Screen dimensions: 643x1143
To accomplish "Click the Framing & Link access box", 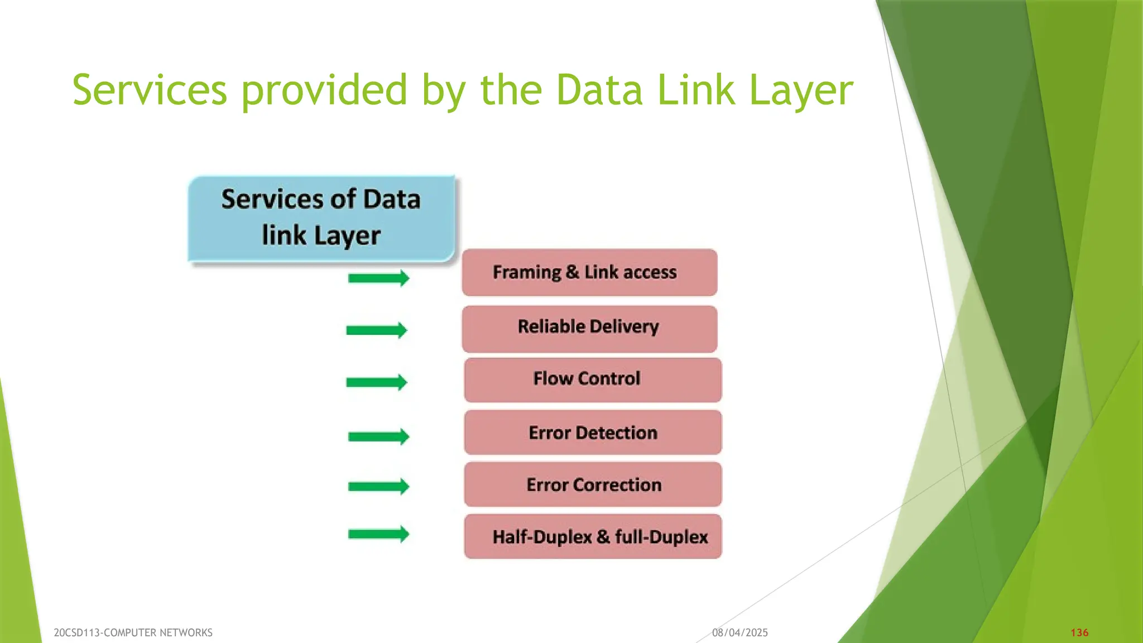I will coord(589,272).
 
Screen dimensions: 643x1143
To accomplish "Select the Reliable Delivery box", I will coord(589,329).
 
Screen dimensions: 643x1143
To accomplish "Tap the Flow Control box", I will coord(592,380).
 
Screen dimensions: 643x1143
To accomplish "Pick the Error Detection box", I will coord(592,433).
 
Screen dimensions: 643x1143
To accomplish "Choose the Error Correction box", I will coord(592,484).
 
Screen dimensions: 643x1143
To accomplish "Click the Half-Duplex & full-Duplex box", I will coord(592,537).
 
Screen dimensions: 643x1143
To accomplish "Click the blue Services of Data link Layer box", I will coord(321,218).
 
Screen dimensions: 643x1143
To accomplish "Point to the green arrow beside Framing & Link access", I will coord(378,278).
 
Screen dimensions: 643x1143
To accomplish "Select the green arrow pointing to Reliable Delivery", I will coord(377,330).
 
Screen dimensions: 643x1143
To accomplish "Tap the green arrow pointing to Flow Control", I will coord(377,382).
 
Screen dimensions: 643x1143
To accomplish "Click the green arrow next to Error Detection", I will coord(378,436).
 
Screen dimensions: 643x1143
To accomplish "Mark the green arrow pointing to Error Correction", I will coord(378,487).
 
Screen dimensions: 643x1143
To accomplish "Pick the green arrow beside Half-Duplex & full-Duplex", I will coord(378,534).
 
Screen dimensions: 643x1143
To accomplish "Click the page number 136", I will coord(1079,632).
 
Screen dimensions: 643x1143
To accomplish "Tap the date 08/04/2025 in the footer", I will coord(739,632).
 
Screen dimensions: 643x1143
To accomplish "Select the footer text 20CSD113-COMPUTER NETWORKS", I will coord(133,632).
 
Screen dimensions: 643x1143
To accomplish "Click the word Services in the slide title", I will coord(150,90).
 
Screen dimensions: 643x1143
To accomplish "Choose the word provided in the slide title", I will coord(324,90).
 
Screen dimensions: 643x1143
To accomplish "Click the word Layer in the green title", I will coord(801,90).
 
